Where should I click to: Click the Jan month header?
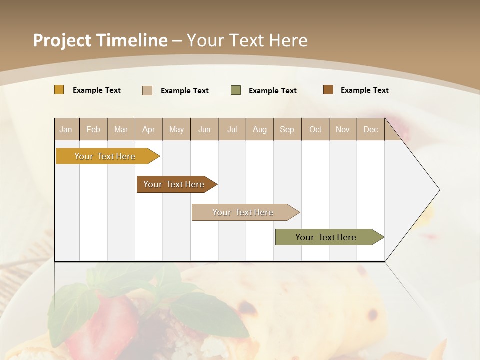[66, 130]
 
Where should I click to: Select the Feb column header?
[93, 130]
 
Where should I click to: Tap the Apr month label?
[148, 130]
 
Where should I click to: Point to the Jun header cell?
[204, 130]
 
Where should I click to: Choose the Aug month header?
[259, 130]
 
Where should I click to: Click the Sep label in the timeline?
[287, 130]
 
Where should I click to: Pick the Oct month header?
[315, 130]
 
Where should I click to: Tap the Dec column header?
[370, 130]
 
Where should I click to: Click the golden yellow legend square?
[59, 90]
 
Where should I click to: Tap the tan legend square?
[147, 90]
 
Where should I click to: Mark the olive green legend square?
[236, 90]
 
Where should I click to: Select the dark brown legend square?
[328, 90]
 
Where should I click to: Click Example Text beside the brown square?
[364, 90]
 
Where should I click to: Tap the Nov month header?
[342, 130]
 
